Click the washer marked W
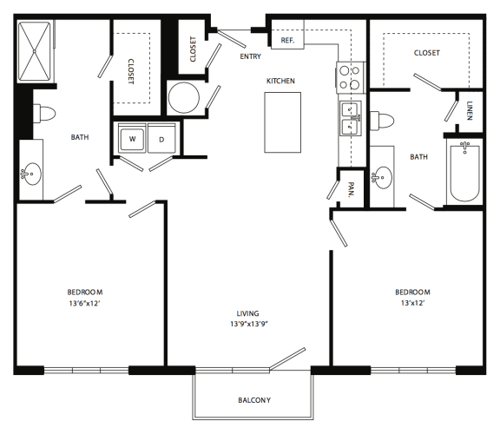(133, 139)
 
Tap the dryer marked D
(162, 139)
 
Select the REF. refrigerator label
(288, 40)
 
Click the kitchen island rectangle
(280, 120)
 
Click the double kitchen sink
(351, 119)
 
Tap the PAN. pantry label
(352, 191)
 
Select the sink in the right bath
(382, 179)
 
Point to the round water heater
(184, 98)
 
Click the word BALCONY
(254, 400)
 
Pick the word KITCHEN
(280, 81)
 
